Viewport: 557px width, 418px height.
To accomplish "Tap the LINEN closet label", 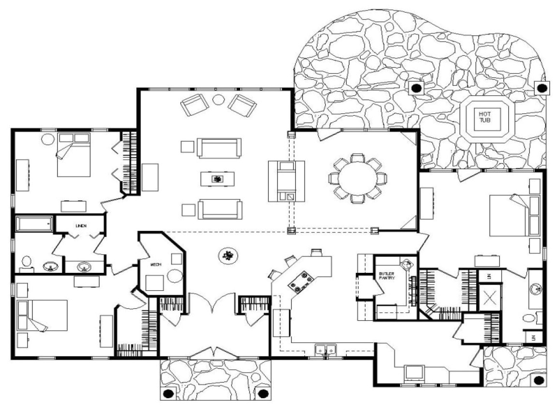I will pos(80,226).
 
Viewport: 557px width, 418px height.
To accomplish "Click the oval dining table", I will pos(358,178).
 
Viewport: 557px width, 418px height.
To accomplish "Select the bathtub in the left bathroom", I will pos(34,224).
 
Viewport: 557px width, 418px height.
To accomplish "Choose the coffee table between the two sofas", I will pos(218,179).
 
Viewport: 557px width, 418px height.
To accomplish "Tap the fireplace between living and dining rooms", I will pos(287,181).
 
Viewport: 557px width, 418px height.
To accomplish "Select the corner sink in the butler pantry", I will pos(408,265).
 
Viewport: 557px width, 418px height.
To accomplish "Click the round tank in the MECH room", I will pos(175,276).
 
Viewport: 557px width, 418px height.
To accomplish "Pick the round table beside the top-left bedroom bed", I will pos(48,139).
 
